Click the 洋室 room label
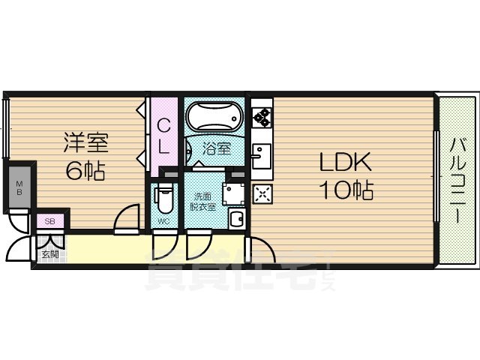(x=85, y=142)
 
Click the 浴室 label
(x=217, y=148)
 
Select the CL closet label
(x=163, y=136)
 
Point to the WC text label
(x=163, y=220)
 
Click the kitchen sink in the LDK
(x=261, y=156)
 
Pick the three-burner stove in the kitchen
(x=262, y=117)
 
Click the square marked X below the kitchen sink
(x=262, y=194)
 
